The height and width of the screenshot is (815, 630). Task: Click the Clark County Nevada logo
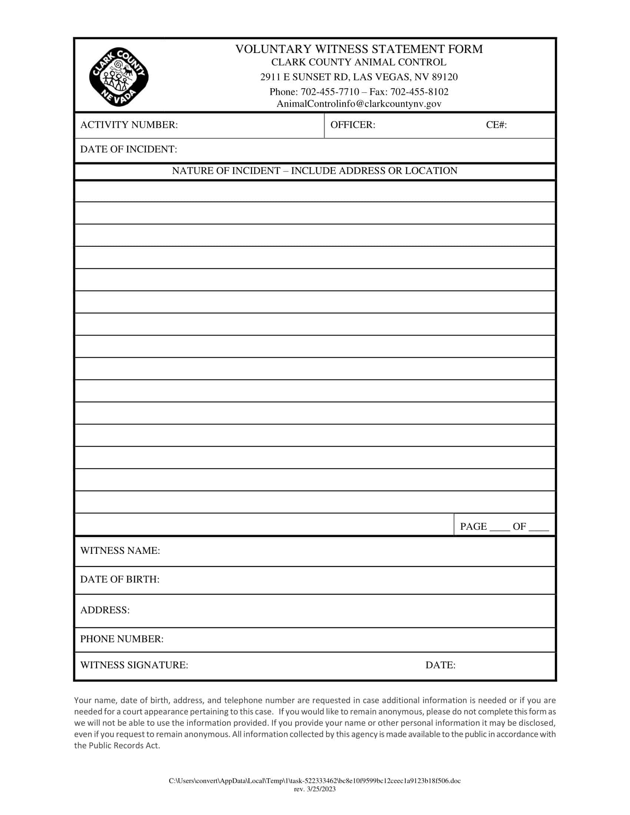(119, 77)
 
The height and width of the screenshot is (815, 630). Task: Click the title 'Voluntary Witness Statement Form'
(359, 49)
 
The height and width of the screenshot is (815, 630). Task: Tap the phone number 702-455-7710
(329, 92)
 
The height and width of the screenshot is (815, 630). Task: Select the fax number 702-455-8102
(419, 92)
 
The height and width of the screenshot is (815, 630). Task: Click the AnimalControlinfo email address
(359, 104)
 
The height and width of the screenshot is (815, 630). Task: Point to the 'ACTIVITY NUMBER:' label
(129, 125)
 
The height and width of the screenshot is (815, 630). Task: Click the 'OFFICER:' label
(352, 125)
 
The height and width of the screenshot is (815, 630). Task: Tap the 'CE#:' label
(496, 125)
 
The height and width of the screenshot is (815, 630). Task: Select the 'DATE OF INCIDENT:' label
(128, 149)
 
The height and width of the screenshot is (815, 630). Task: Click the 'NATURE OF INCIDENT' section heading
(314, 171)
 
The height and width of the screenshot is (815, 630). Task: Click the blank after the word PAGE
(500, 527)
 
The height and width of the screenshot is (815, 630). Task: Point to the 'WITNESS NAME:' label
(120, 551)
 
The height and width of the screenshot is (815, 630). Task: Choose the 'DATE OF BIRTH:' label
(119, 579)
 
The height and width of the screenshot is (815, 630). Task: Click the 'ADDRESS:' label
(105, 610)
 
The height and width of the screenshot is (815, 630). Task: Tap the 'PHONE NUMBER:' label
(122, 639)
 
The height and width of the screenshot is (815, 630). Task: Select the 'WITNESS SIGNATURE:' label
(134, 665)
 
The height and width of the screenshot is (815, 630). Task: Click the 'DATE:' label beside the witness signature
(440, 665)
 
